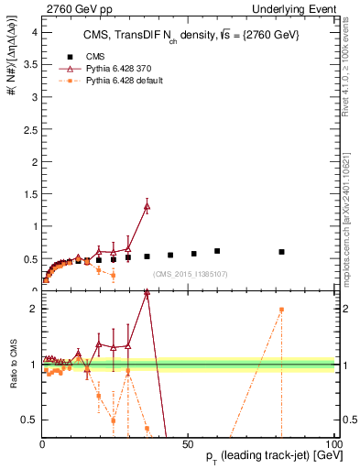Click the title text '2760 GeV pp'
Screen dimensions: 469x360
[74, 9]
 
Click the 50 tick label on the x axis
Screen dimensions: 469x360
[186, 444]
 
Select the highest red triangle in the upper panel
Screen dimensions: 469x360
[147, 206]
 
